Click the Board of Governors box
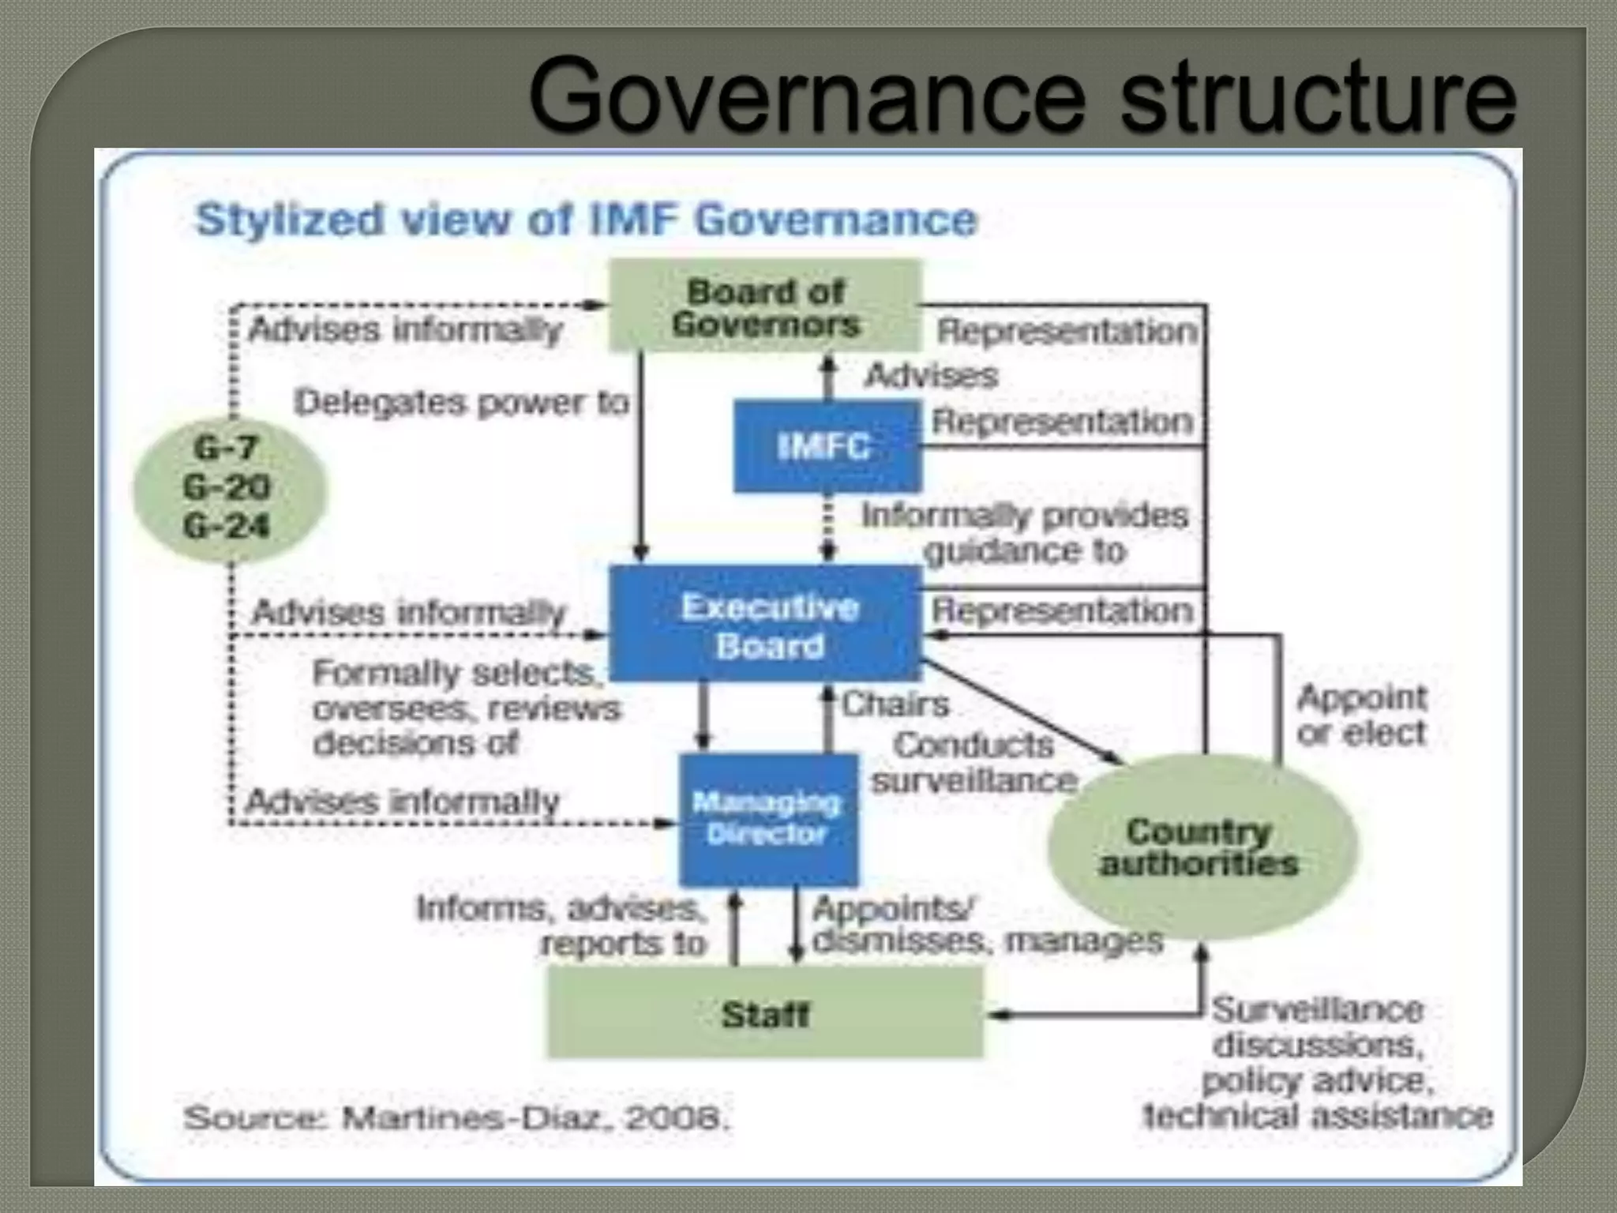pos(765,306)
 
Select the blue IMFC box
pos(826,447)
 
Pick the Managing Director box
pos(767,819)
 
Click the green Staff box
pos(765,1013)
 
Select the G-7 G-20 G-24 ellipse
pos(228,487)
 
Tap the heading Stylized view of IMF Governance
pos(587,220)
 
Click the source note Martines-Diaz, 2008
pos(457,1117)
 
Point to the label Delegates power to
pos(462,403)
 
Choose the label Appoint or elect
pos(1362,715)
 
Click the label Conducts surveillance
pos(974,763)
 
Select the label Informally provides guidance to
pos(1025,532)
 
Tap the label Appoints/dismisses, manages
pos(987,925)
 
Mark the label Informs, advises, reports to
pos(562,926)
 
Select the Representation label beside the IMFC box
pos(1063,422)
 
